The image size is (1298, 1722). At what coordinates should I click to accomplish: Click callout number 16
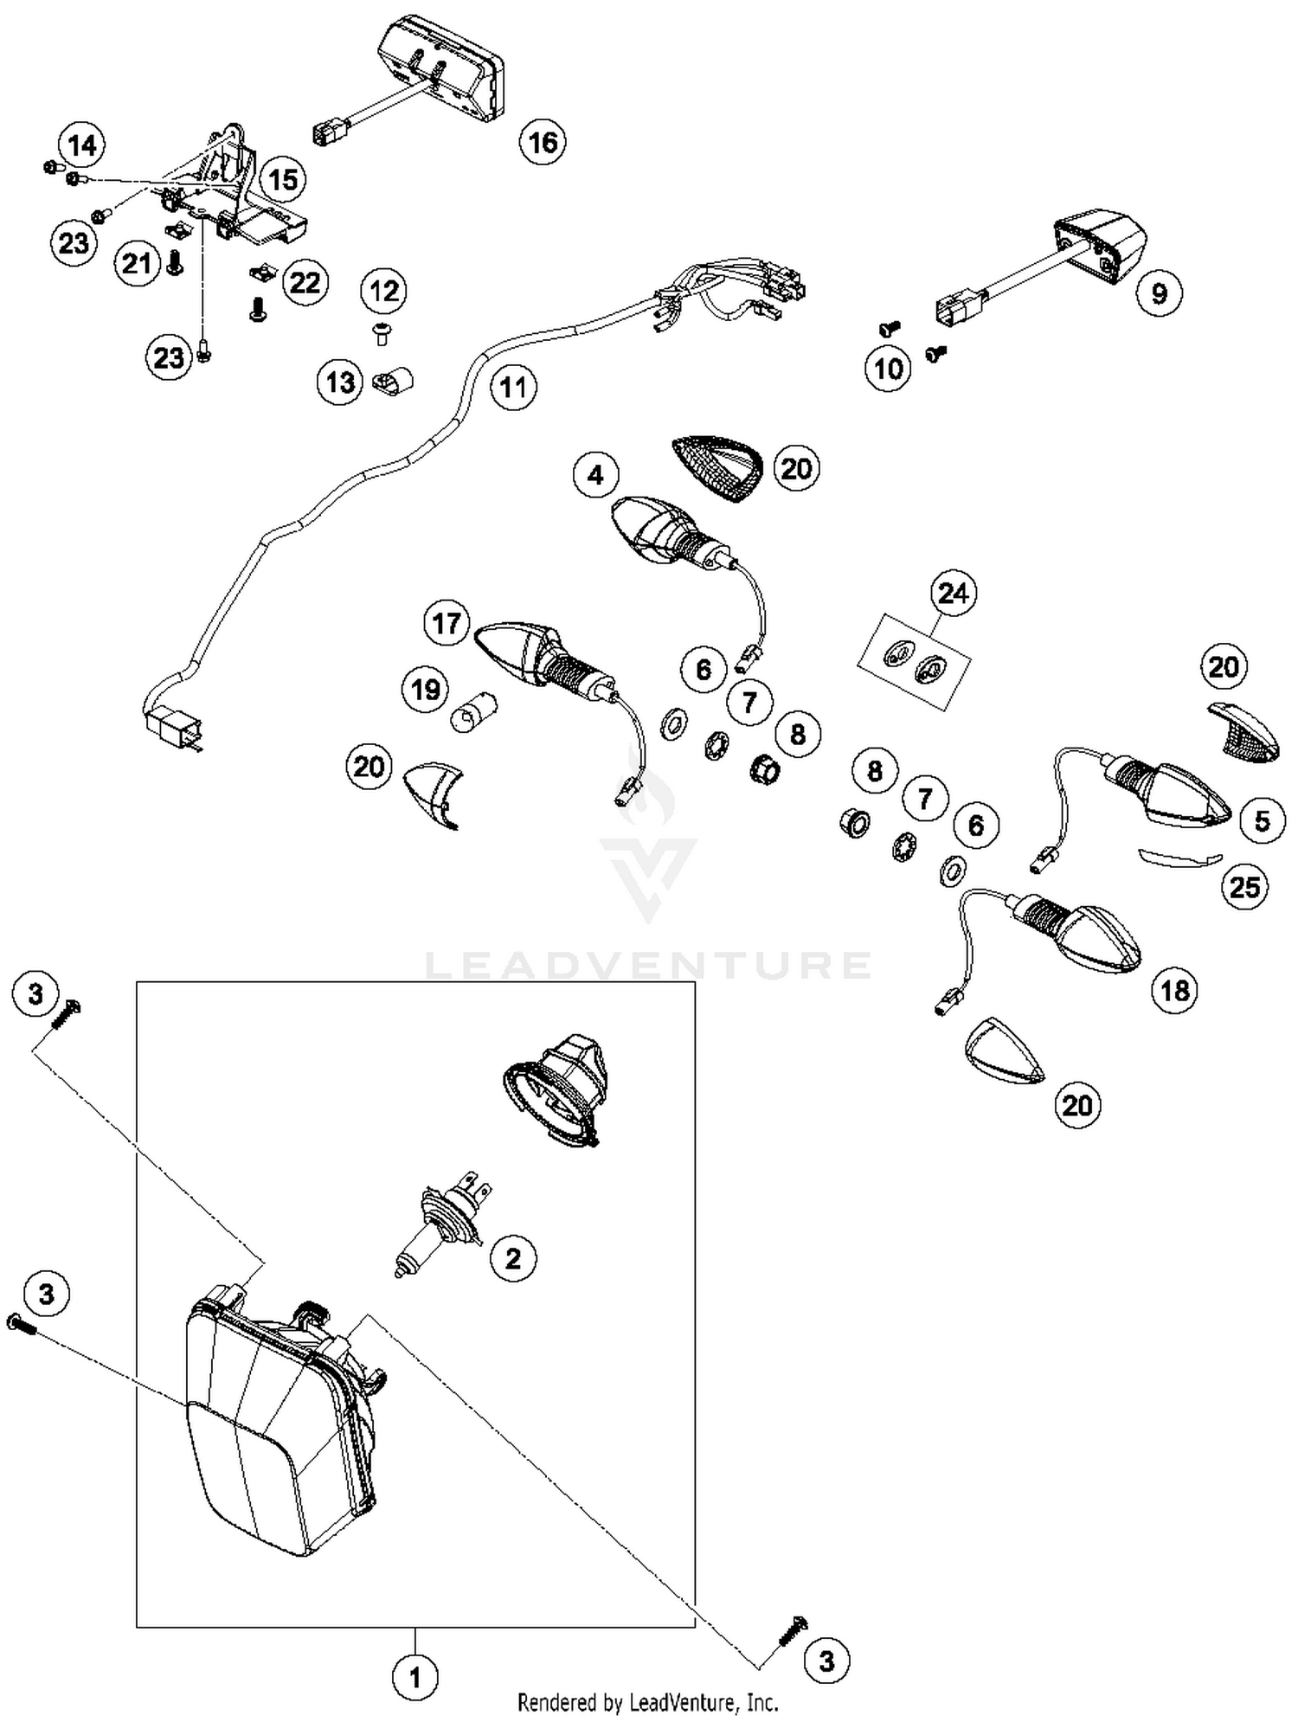coord(543,142)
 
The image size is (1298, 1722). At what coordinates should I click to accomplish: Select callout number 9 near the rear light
coord(1159,293)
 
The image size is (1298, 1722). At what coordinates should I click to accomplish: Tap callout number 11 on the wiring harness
coord(513,387)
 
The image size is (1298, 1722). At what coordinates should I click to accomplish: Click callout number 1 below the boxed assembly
coord(414,1678)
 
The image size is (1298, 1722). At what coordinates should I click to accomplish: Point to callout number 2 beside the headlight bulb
coord(513,1258)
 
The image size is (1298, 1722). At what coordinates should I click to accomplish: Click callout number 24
coord(953,594)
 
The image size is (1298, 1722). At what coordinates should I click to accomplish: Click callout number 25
coord(1244,886)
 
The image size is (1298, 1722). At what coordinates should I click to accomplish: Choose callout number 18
coord(1174,990)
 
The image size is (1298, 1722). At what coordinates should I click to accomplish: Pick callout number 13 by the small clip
coord(340,382)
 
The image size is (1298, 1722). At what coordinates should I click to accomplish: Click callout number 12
coord(384,291)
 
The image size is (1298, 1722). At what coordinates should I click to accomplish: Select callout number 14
coord(82,145)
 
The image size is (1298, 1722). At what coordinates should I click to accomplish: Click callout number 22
coord(305,282)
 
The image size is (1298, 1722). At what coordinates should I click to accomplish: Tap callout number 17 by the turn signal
coord(447,623)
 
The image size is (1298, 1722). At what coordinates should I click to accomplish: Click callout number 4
coord(595,474)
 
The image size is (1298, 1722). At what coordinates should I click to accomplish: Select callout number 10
coord(888,369)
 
